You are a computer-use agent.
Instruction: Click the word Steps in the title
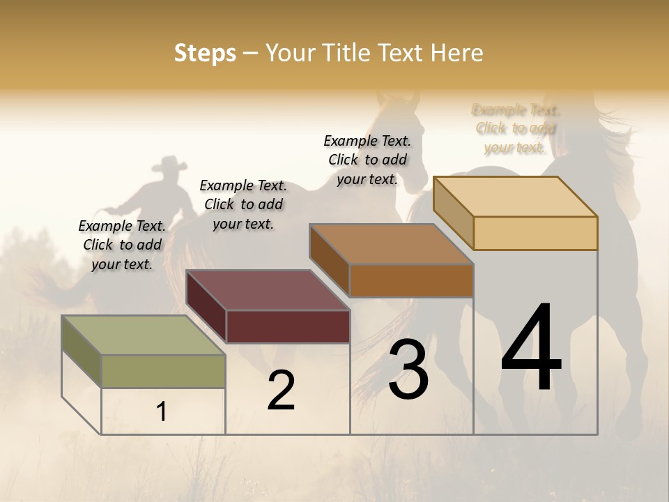(x=205, y=53)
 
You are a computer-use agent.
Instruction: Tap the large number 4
(x=531, y=348)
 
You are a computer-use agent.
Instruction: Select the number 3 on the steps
(x=408, y=370)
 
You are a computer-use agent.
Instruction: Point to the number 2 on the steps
(x=282, y=390)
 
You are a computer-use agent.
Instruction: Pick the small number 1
(x=162, y=412)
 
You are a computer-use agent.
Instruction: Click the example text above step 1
(x=122, y=245)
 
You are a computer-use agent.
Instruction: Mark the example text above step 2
(x=243, y=204)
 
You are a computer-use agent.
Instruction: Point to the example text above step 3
(x=367, y=160)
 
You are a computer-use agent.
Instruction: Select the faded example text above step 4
(x=516, y=128)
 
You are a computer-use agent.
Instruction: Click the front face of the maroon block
(x=288, y=326)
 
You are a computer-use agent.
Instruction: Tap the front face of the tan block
(x=535, y=233)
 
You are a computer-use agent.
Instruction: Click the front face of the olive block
(x=163, y=371)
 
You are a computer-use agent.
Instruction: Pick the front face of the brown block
(x=411, y=280)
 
